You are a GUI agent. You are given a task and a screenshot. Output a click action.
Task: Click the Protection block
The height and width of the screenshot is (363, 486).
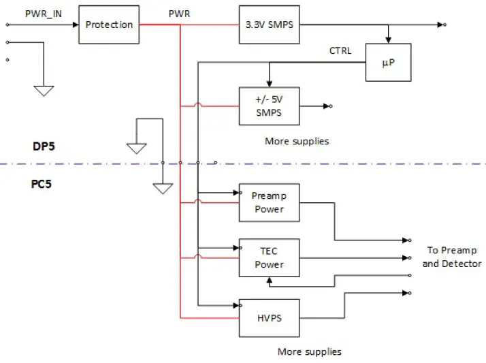click(109, 25)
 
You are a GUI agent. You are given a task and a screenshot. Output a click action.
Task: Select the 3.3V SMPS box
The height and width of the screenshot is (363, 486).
click(269, 25)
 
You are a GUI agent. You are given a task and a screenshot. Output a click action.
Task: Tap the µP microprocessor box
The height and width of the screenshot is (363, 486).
click(388, 63)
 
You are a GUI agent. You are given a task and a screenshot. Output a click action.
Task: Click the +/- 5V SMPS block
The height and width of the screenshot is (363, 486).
click(269, 106)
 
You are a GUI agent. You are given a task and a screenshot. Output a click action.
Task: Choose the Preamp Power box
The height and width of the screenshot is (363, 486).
click(269, 202)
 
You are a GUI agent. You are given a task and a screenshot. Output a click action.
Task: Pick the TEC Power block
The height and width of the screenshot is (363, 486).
click(269, 257)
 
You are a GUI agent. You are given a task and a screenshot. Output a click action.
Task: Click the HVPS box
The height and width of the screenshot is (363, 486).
click(269, 317)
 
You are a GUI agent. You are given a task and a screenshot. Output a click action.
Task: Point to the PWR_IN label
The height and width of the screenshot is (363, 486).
click(42, 13)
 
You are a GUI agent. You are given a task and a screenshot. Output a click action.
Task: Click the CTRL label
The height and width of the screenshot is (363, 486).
click(340, 50)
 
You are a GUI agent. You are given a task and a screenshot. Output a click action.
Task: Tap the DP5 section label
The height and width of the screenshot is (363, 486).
click(42, 146)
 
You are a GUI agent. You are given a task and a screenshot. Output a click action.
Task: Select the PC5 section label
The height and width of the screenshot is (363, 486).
click(42, 184)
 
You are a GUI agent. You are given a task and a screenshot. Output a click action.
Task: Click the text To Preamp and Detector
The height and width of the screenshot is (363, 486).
click(451, 257)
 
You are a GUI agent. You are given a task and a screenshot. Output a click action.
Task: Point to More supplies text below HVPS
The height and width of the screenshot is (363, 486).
click(309, 352)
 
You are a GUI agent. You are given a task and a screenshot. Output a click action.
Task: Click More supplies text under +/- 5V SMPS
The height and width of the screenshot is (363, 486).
click(296, 141)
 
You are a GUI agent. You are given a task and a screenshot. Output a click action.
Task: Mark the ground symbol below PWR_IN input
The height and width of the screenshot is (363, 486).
click(44, 91)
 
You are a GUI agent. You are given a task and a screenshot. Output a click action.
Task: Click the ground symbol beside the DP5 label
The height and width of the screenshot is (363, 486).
click(137, 148)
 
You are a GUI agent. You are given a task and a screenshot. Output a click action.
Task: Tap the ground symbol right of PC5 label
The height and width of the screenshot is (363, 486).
click(162, 188)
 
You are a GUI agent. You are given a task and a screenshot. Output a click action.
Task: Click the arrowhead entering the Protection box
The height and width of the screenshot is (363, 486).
click(74, 25)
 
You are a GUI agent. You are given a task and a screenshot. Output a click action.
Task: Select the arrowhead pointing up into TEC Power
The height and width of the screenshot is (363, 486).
click(270, 280)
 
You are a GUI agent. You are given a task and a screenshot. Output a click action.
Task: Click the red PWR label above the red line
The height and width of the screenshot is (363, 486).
click(180, 14)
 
